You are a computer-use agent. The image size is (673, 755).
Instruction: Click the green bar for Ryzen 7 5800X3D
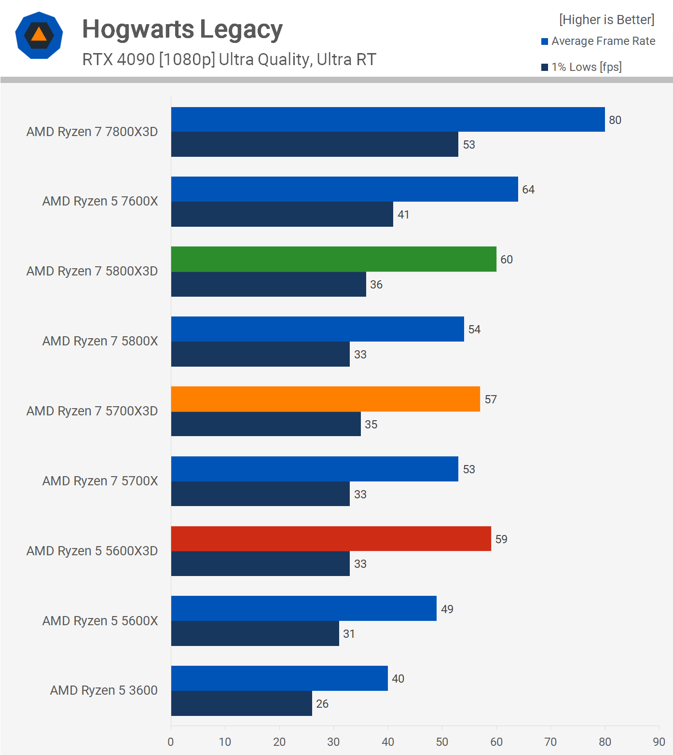click(333, 259)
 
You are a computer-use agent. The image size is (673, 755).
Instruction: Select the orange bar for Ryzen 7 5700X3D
click(325, 399)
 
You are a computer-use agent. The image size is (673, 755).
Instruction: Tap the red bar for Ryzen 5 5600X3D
click(331, 538)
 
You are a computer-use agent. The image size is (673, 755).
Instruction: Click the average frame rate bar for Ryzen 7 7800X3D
click(388, 120)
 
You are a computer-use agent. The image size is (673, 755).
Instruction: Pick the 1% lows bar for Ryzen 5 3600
click(241, 703)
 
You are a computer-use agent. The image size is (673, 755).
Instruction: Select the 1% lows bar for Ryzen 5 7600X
click(282, 214)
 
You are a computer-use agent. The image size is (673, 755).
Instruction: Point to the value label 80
click(615, 120)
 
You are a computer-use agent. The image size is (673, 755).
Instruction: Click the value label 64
click(528, 190)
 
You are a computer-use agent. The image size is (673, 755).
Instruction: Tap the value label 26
click(322, 704)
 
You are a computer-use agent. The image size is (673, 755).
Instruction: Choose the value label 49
click(447, 609)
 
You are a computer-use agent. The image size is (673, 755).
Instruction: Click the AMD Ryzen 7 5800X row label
click(100, 341)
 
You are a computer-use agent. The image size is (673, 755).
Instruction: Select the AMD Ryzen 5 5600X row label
click(100, 621)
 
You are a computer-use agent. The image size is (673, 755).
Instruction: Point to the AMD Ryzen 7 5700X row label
click(100, 481)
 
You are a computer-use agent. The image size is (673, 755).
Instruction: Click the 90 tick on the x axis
click(659, 742)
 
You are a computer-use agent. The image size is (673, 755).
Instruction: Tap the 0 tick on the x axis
click(171, 742)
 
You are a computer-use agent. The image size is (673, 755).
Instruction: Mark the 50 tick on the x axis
click(442, 742)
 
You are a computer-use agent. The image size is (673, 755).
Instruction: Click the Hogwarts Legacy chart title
click(182, 29)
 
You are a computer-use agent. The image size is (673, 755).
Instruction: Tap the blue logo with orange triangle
click(39, 35)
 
